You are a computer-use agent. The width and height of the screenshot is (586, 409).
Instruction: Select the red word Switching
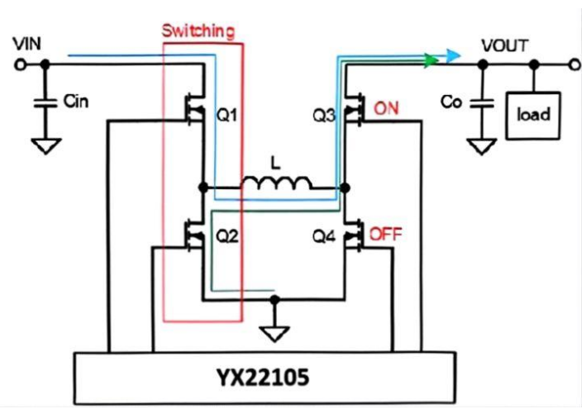tap(198, 32)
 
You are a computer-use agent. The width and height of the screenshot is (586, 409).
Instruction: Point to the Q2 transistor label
tap(228, 235)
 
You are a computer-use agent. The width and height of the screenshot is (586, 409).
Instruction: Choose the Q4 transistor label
tap(324, 235)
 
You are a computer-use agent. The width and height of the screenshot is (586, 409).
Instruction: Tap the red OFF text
tap(386, 234)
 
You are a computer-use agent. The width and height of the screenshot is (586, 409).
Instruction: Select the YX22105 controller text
tap(264, 378)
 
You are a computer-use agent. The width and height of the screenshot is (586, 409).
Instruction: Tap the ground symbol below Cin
tap(47, 146)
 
